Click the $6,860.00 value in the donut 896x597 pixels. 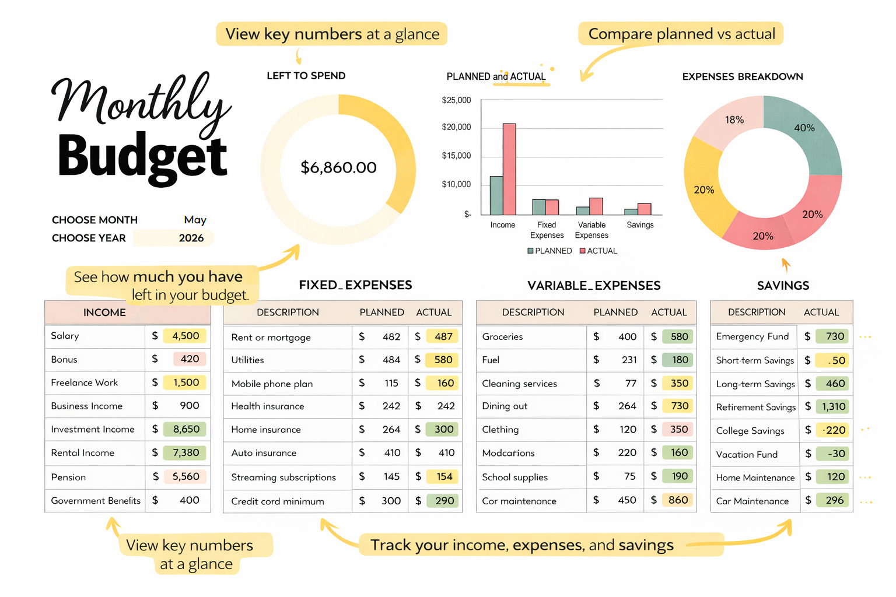coord(338,168)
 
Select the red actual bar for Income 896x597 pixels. coord(509,169)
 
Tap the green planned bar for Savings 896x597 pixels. coord(631,212)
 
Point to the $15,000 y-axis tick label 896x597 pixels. coord(456,156)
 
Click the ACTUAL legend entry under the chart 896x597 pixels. coord(598,251)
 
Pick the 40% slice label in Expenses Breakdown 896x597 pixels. coord(804,128)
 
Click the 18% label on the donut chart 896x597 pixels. coord(734,120)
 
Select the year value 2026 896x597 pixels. coord(191,238)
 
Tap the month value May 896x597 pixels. coord(195,220)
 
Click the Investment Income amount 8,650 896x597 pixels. coord(185,429)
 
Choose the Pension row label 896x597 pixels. coord(68,477)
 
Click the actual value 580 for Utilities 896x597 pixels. coord(443,360)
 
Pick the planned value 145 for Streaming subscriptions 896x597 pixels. coord(391,476)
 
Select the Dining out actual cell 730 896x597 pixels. coord(679,406)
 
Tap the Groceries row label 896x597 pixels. coord(502,336)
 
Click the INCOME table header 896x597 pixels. coord(104,312)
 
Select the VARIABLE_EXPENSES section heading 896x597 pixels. coord(594,285)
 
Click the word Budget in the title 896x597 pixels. coord(142,156)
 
